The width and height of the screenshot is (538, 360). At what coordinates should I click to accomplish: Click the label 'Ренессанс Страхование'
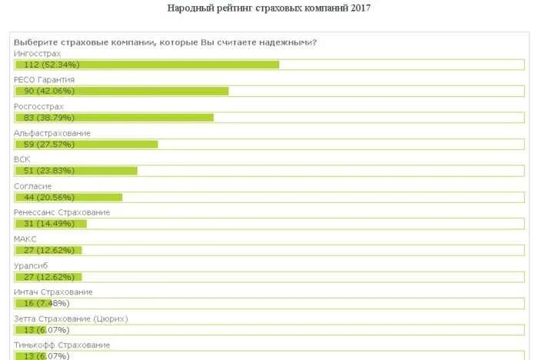[x=62, y=212]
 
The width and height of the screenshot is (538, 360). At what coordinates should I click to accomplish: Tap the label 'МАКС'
[x=25, y=239]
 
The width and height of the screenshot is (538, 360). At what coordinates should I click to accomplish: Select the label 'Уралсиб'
[x=31, y=265]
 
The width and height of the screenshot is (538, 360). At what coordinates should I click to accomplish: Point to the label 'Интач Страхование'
[x=53, y=292]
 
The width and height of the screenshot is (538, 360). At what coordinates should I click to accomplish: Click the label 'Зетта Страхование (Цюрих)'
[x=71, y=318]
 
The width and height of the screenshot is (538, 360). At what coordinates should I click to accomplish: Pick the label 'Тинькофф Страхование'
[x=61, y=345]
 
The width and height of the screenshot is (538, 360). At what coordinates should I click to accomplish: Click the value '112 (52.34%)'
[x=52, y=65]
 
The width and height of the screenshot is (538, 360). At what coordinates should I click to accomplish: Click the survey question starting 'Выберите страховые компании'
[x=165, y=42]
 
